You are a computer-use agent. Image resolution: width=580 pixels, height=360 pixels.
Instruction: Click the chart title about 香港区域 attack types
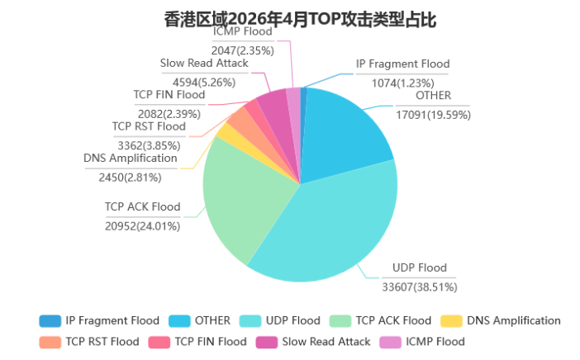[x=300, y=19]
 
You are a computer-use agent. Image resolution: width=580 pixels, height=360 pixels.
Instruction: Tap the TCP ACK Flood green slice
[x=240, y=200]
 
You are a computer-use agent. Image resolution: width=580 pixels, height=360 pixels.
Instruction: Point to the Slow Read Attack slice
[x=276, y=107]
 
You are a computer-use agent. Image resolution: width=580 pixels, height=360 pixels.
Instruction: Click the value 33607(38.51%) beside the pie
[x=420, y=287]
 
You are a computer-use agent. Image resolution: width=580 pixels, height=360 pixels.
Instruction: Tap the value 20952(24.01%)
[x=143, y=226]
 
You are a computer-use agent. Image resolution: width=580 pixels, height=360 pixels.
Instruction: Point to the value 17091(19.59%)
[x=433, y=115]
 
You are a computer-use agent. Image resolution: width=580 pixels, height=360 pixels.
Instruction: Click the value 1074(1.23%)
[x=403, y=83]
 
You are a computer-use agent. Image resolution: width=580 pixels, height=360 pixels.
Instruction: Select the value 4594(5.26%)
[x=204, y=83]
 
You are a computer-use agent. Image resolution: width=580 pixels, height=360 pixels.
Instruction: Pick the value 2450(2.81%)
[x=131, y=178]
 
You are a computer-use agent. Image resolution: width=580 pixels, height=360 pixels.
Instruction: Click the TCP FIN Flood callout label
[x=169, y=95]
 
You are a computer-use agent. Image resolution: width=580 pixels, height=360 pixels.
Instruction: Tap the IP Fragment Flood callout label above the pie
[x=403, y=64]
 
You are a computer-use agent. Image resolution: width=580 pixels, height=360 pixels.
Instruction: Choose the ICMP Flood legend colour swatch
[x=390, y=343]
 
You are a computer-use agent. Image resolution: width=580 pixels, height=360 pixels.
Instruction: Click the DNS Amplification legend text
[x=514, y=321]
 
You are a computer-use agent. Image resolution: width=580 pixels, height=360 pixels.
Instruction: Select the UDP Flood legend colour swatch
[x=250, y=321]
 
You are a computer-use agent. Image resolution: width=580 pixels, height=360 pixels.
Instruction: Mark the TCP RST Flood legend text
[x=102, y=342]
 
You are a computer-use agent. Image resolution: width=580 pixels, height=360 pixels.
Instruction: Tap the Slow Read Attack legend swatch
[x=266, y=343]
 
